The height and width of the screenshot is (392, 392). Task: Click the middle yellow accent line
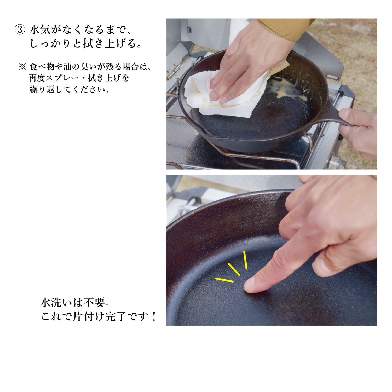(234, 269)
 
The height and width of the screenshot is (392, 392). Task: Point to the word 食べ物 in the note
(42, 67)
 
